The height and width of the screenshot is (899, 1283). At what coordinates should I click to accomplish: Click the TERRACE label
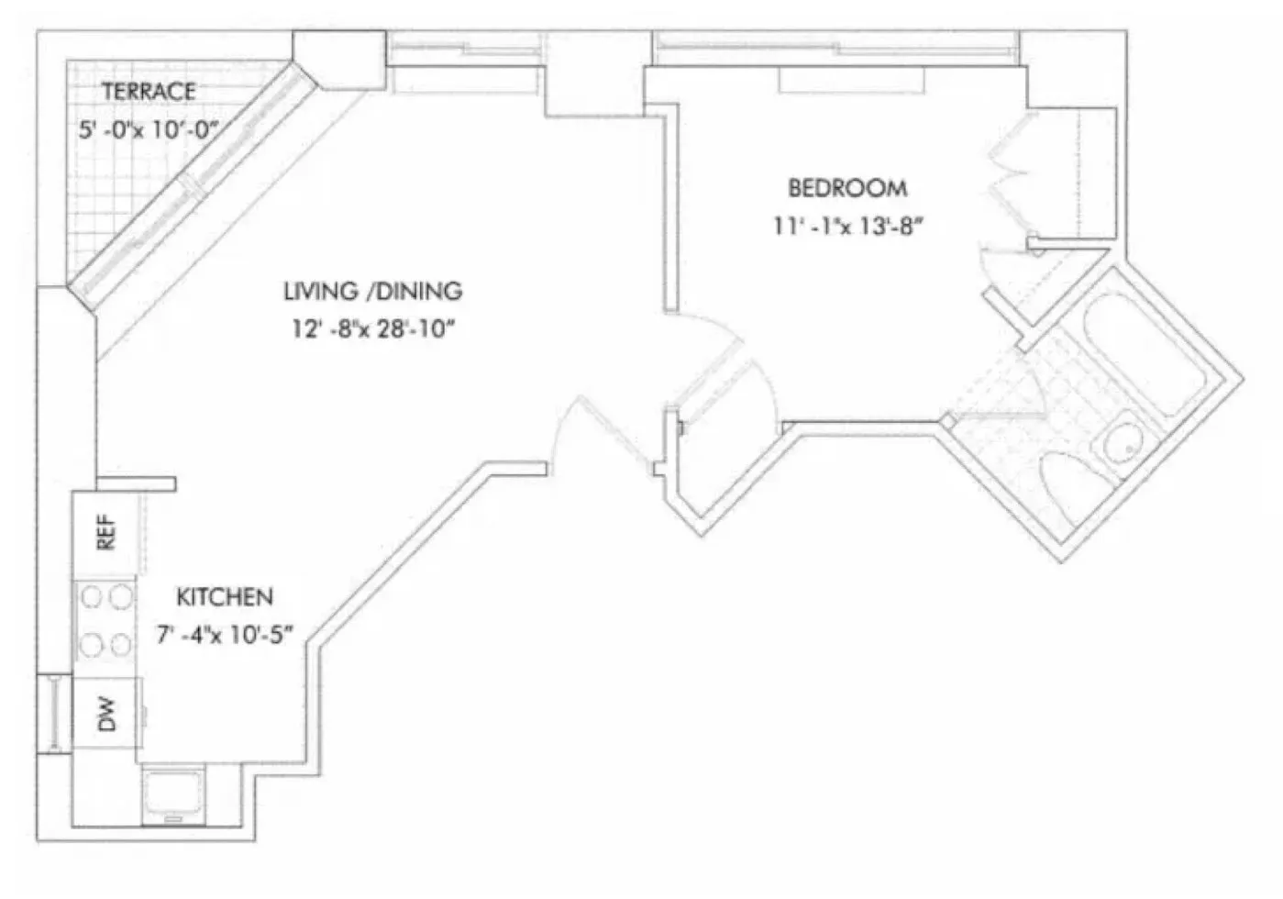(148, 91)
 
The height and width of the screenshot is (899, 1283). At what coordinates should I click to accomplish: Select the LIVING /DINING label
(372, 292)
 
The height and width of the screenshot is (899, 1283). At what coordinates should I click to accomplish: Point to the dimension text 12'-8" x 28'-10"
(373, 328)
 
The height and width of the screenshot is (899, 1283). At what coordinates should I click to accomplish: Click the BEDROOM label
(847, 188)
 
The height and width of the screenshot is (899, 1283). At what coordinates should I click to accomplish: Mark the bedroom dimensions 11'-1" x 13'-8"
(846, 225)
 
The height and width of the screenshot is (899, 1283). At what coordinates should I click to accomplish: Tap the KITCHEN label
(225, 597)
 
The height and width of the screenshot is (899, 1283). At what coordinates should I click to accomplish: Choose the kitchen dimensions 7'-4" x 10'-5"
(225, 634)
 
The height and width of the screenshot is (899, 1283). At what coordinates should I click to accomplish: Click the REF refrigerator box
(105, 532)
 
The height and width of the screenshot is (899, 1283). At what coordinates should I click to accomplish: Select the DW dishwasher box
(106, 713)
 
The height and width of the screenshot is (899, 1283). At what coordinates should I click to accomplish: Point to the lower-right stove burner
(119, 644)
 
